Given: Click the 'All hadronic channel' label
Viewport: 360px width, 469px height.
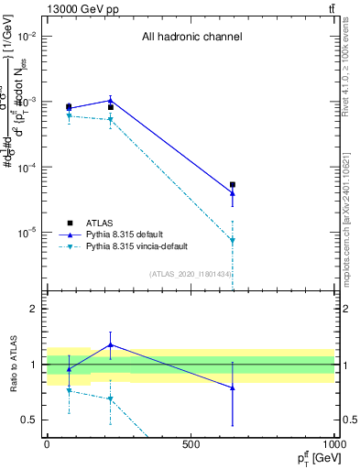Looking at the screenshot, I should [191, 37].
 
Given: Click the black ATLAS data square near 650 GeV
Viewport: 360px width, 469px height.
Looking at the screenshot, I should [233, 185].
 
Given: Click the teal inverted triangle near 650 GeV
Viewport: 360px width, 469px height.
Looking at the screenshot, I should [233, 241].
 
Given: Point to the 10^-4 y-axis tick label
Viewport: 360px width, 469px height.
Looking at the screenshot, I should [26, 168].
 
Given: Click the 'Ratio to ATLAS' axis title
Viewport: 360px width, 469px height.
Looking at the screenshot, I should [12, 364].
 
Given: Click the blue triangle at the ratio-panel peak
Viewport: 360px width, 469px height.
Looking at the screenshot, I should [110, 344].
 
